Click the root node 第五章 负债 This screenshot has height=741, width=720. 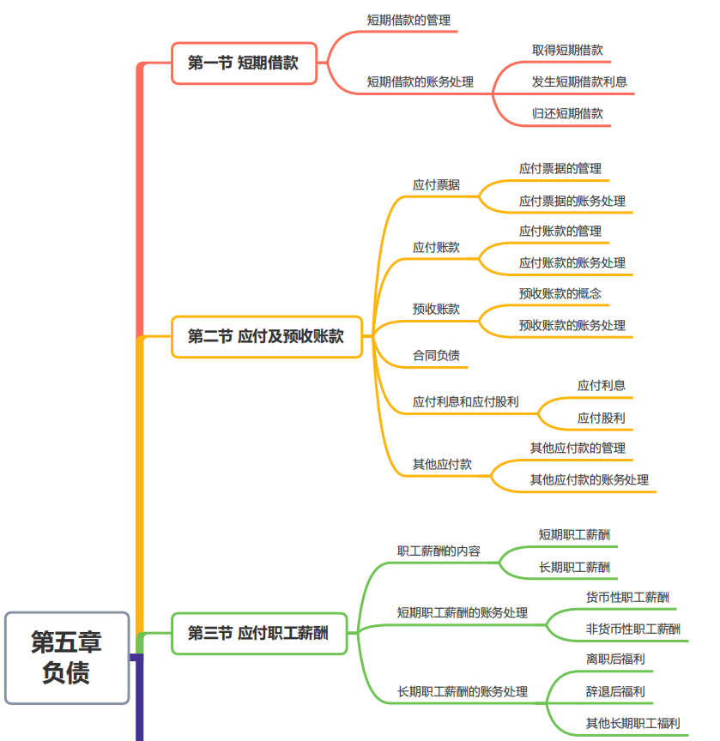pos(67,657)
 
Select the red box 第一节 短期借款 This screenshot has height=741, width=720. pos(244,63)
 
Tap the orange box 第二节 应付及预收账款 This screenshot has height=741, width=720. pos(267,336)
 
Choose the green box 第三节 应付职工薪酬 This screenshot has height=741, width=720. pos(259,633)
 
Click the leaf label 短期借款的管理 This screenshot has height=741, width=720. pos(408,21)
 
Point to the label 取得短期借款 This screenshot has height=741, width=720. pos(567,50)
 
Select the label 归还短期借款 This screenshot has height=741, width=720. pos(567,113)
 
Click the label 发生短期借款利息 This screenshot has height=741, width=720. pos(579,81)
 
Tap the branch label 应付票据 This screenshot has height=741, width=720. pos(436,184)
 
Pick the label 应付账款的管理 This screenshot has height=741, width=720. pos(560,231)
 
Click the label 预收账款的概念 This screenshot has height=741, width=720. pos(560,293)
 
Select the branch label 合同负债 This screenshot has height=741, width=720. pos(436,355)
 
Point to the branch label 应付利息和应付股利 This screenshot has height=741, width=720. pos(466,401)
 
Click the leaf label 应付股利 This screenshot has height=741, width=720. pos(602,418)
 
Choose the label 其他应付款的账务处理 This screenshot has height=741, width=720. pos(589,479)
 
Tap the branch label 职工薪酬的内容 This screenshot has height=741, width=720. pos(439,551)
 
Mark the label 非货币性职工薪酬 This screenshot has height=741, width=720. pos(633,629)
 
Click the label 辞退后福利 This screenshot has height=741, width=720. pos(615,692)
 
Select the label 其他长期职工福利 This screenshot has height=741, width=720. pos(633,723)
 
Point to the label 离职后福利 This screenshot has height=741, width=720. pos(615,660)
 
